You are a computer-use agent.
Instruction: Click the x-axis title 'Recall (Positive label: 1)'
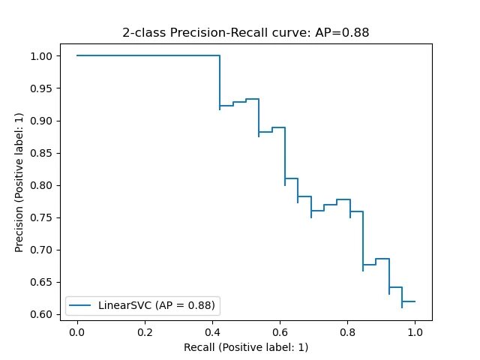[x=246, y=347]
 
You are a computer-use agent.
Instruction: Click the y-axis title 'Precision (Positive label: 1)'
[x=20, y=185]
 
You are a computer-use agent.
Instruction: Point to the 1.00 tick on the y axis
[x=43, y=56]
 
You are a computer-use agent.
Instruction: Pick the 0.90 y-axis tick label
[x=43, y=121]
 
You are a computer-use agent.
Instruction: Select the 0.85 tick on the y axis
[x=43, y=153]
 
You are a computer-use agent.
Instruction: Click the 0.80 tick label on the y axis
[x=43, y=185]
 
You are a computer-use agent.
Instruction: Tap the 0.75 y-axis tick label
[x=43, y=217]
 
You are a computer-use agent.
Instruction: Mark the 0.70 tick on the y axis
[x=43, y=250]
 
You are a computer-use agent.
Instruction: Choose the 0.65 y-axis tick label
[x=43, y=282]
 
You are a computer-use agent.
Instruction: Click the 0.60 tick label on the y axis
[x=43, y=314]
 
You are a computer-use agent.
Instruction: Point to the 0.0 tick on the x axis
[x=77, y=331]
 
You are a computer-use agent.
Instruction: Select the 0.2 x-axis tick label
[x=145, y=331]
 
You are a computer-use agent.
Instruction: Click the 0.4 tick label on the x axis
[x=212, y=331]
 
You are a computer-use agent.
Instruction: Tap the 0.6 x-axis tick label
[x=280, y=331]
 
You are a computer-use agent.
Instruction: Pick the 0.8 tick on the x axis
[x=347, y=331]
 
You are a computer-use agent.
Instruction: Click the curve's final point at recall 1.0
[x=415, y=301]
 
